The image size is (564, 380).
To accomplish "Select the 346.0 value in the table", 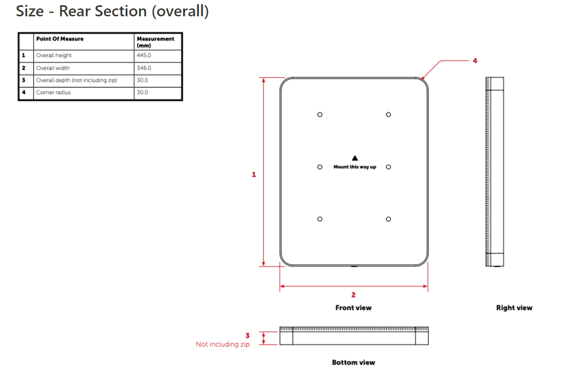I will (x=144, y=68).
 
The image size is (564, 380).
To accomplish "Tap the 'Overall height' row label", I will (x=54, y=55).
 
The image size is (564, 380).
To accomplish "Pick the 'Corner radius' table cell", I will (x=53, y=93).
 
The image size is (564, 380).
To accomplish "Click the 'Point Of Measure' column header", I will (x=59, y=39).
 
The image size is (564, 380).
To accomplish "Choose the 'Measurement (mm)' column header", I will (x=155, y=42).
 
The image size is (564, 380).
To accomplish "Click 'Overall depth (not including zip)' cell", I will (x=76, y=80).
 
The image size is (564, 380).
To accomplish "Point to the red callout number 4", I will (x=475, y=61).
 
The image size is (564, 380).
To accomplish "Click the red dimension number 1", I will (x=254, y=174).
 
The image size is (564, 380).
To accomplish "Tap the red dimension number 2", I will (x=354, y=295).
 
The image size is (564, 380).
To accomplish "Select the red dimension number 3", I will (x=247, y=335).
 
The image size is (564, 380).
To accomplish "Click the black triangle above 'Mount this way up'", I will (x=355, y=158).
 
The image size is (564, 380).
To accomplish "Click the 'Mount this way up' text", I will (x=355, y=167).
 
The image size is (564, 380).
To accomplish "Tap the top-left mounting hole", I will (x=319, y=114).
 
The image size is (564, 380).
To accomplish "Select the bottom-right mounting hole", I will (x=388, y=219).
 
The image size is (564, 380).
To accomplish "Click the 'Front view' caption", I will (x=353, y=308).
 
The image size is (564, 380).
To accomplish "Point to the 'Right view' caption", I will (x=514, y=308).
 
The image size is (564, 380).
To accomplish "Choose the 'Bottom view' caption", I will (x=353, y=363).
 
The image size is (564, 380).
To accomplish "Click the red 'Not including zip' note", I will (x=223, y=344).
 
